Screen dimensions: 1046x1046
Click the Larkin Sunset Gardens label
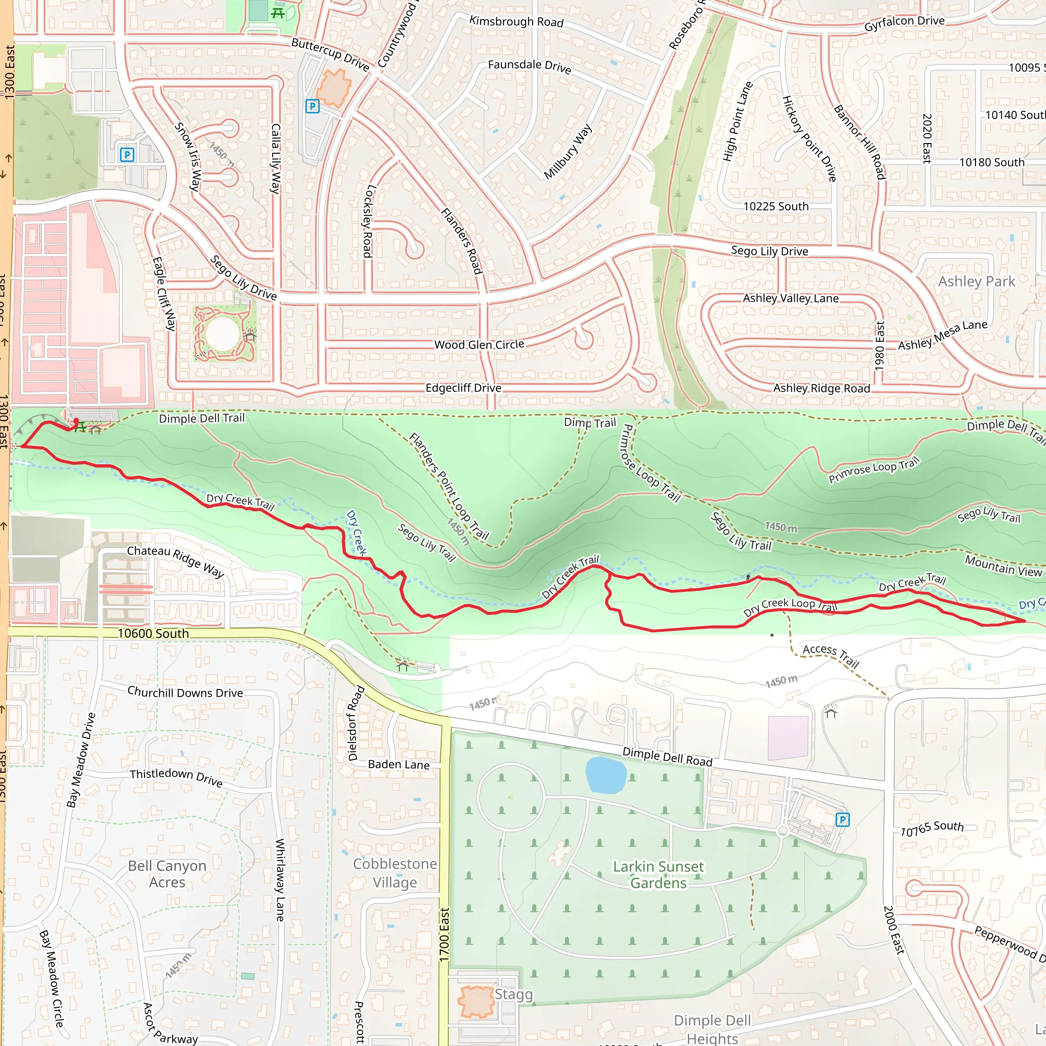pyautogui.click(x=658, y=874)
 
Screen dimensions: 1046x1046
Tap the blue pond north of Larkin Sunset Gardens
pyautogui.click(x=606, y=775)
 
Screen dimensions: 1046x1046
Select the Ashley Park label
pyautogui.click(x=976, y=281)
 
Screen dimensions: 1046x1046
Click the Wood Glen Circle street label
pyautogui.click(x=479, y=344)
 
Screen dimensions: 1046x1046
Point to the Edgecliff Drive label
pyautogui.click(x=463, y=388)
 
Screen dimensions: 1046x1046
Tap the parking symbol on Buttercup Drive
pyautogui.click(x=313, y=106)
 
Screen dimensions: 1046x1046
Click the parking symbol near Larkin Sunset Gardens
pyautogui.click(x=842, y=820)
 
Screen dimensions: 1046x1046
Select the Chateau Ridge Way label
pyautogui.click(x=175, y=561)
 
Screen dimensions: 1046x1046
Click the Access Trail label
pyautogui.click(x=830, y=656)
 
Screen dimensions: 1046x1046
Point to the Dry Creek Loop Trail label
pyautogui.click(x=790, y=606)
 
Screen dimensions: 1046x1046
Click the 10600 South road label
pyautogui.click(x=153, y=633)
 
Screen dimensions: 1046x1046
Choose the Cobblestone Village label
pyautogui.click(x=395, y=873)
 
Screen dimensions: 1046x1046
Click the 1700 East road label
pyautogui.click(x=444, y=935)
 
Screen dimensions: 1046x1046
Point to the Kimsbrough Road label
pyautogui.click(x=516, y=21)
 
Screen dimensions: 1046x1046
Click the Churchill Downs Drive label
pyautogui.click(x=185, y=693)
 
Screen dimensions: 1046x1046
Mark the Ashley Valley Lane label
pyautogui.click(x=791, y=298)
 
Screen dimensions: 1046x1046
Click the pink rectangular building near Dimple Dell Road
pyautogui.click(x=788, y=738)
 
